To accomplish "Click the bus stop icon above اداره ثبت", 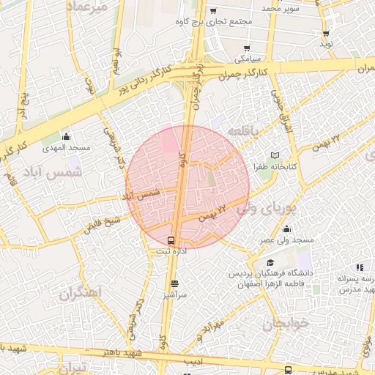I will pos(171,240).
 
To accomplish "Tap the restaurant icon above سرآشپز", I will pos(174,283).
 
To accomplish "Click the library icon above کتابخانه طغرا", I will pos(275,155).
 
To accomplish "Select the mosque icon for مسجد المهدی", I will pos(67,136).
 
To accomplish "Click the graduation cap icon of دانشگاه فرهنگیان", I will pos(270,262).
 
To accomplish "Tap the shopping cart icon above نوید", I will pos(326,34).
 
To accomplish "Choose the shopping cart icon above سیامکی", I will pos(237,45).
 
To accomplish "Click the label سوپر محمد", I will pos(261,7).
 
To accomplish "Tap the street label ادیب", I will pos(193,362).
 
